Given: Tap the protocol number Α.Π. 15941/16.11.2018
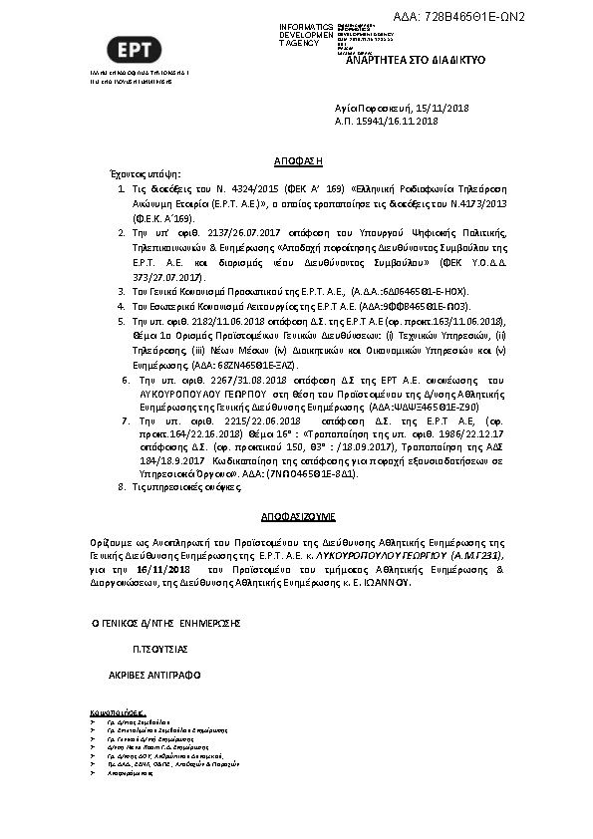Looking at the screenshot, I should pyautogui.click(x=387, y=121).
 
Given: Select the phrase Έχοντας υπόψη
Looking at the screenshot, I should pyautogui.click(x=137, y=173).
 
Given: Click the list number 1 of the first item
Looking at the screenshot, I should pyautogui.click(x=122, y=187).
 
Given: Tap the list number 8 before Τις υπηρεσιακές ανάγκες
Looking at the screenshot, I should pyautogui.click(x=122, y=487).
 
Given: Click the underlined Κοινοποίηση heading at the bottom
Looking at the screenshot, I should pyautogui.click(x=118, y=713).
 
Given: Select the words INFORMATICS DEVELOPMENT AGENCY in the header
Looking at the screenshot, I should pyautogui.click(x=307, y=35).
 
